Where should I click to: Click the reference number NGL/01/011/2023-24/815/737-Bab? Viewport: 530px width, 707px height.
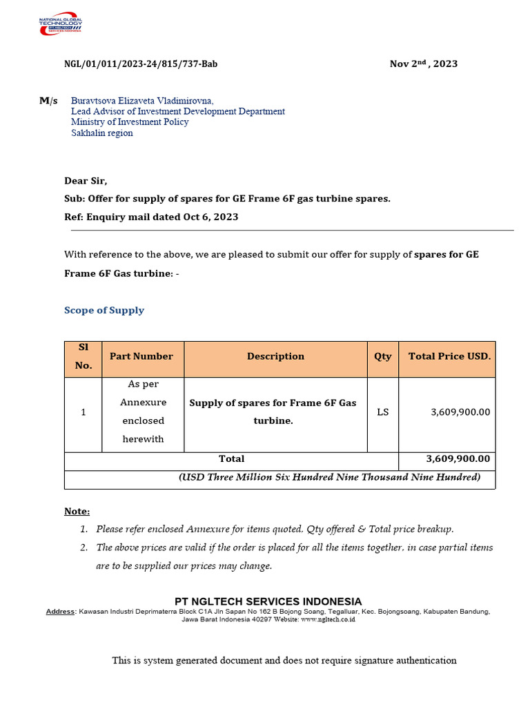coord(141,64)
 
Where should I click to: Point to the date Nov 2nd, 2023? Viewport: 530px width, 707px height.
coord(423,64)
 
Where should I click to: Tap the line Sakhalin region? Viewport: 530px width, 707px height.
coord(102,133)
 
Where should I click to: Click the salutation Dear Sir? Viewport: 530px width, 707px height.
coord(86,181)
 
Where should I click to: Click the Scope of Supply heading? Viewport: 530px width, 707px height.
coord(104,310)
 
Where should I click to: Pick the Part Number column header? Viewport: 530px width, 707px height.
coord(141,356)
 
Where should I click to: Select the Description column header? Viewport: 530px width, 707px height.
coord(275,356)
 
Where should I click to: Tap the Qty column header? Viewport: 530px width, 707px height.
coord(382,356)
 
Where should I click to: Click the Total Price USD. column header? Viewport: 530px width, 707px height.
coord(449,356)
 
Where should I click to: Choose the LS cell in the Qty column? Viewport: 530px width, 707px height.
coord(382,412)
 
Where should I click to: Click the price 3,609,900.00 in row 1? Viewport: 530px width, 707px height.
coord(460,412)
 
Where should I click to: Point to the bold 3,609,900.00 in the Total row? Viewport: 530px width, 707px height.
coord(458,458)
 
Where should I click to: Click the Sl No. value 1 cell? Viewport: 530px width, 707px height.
coord(84,412)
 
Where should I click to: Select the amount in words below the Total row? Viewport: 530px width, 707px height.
coord(329,477)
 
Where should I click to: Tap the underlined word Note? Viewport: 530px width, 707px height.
coord(77,512)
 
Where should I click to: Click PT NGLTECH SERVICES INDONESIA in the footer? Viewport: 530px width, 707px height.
coord(268,601)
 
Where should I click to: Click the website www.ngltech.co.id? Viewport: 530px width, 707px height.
coord(328,620)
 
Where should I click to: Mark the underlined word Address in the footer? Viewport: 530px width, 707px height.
coord(61,612)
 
